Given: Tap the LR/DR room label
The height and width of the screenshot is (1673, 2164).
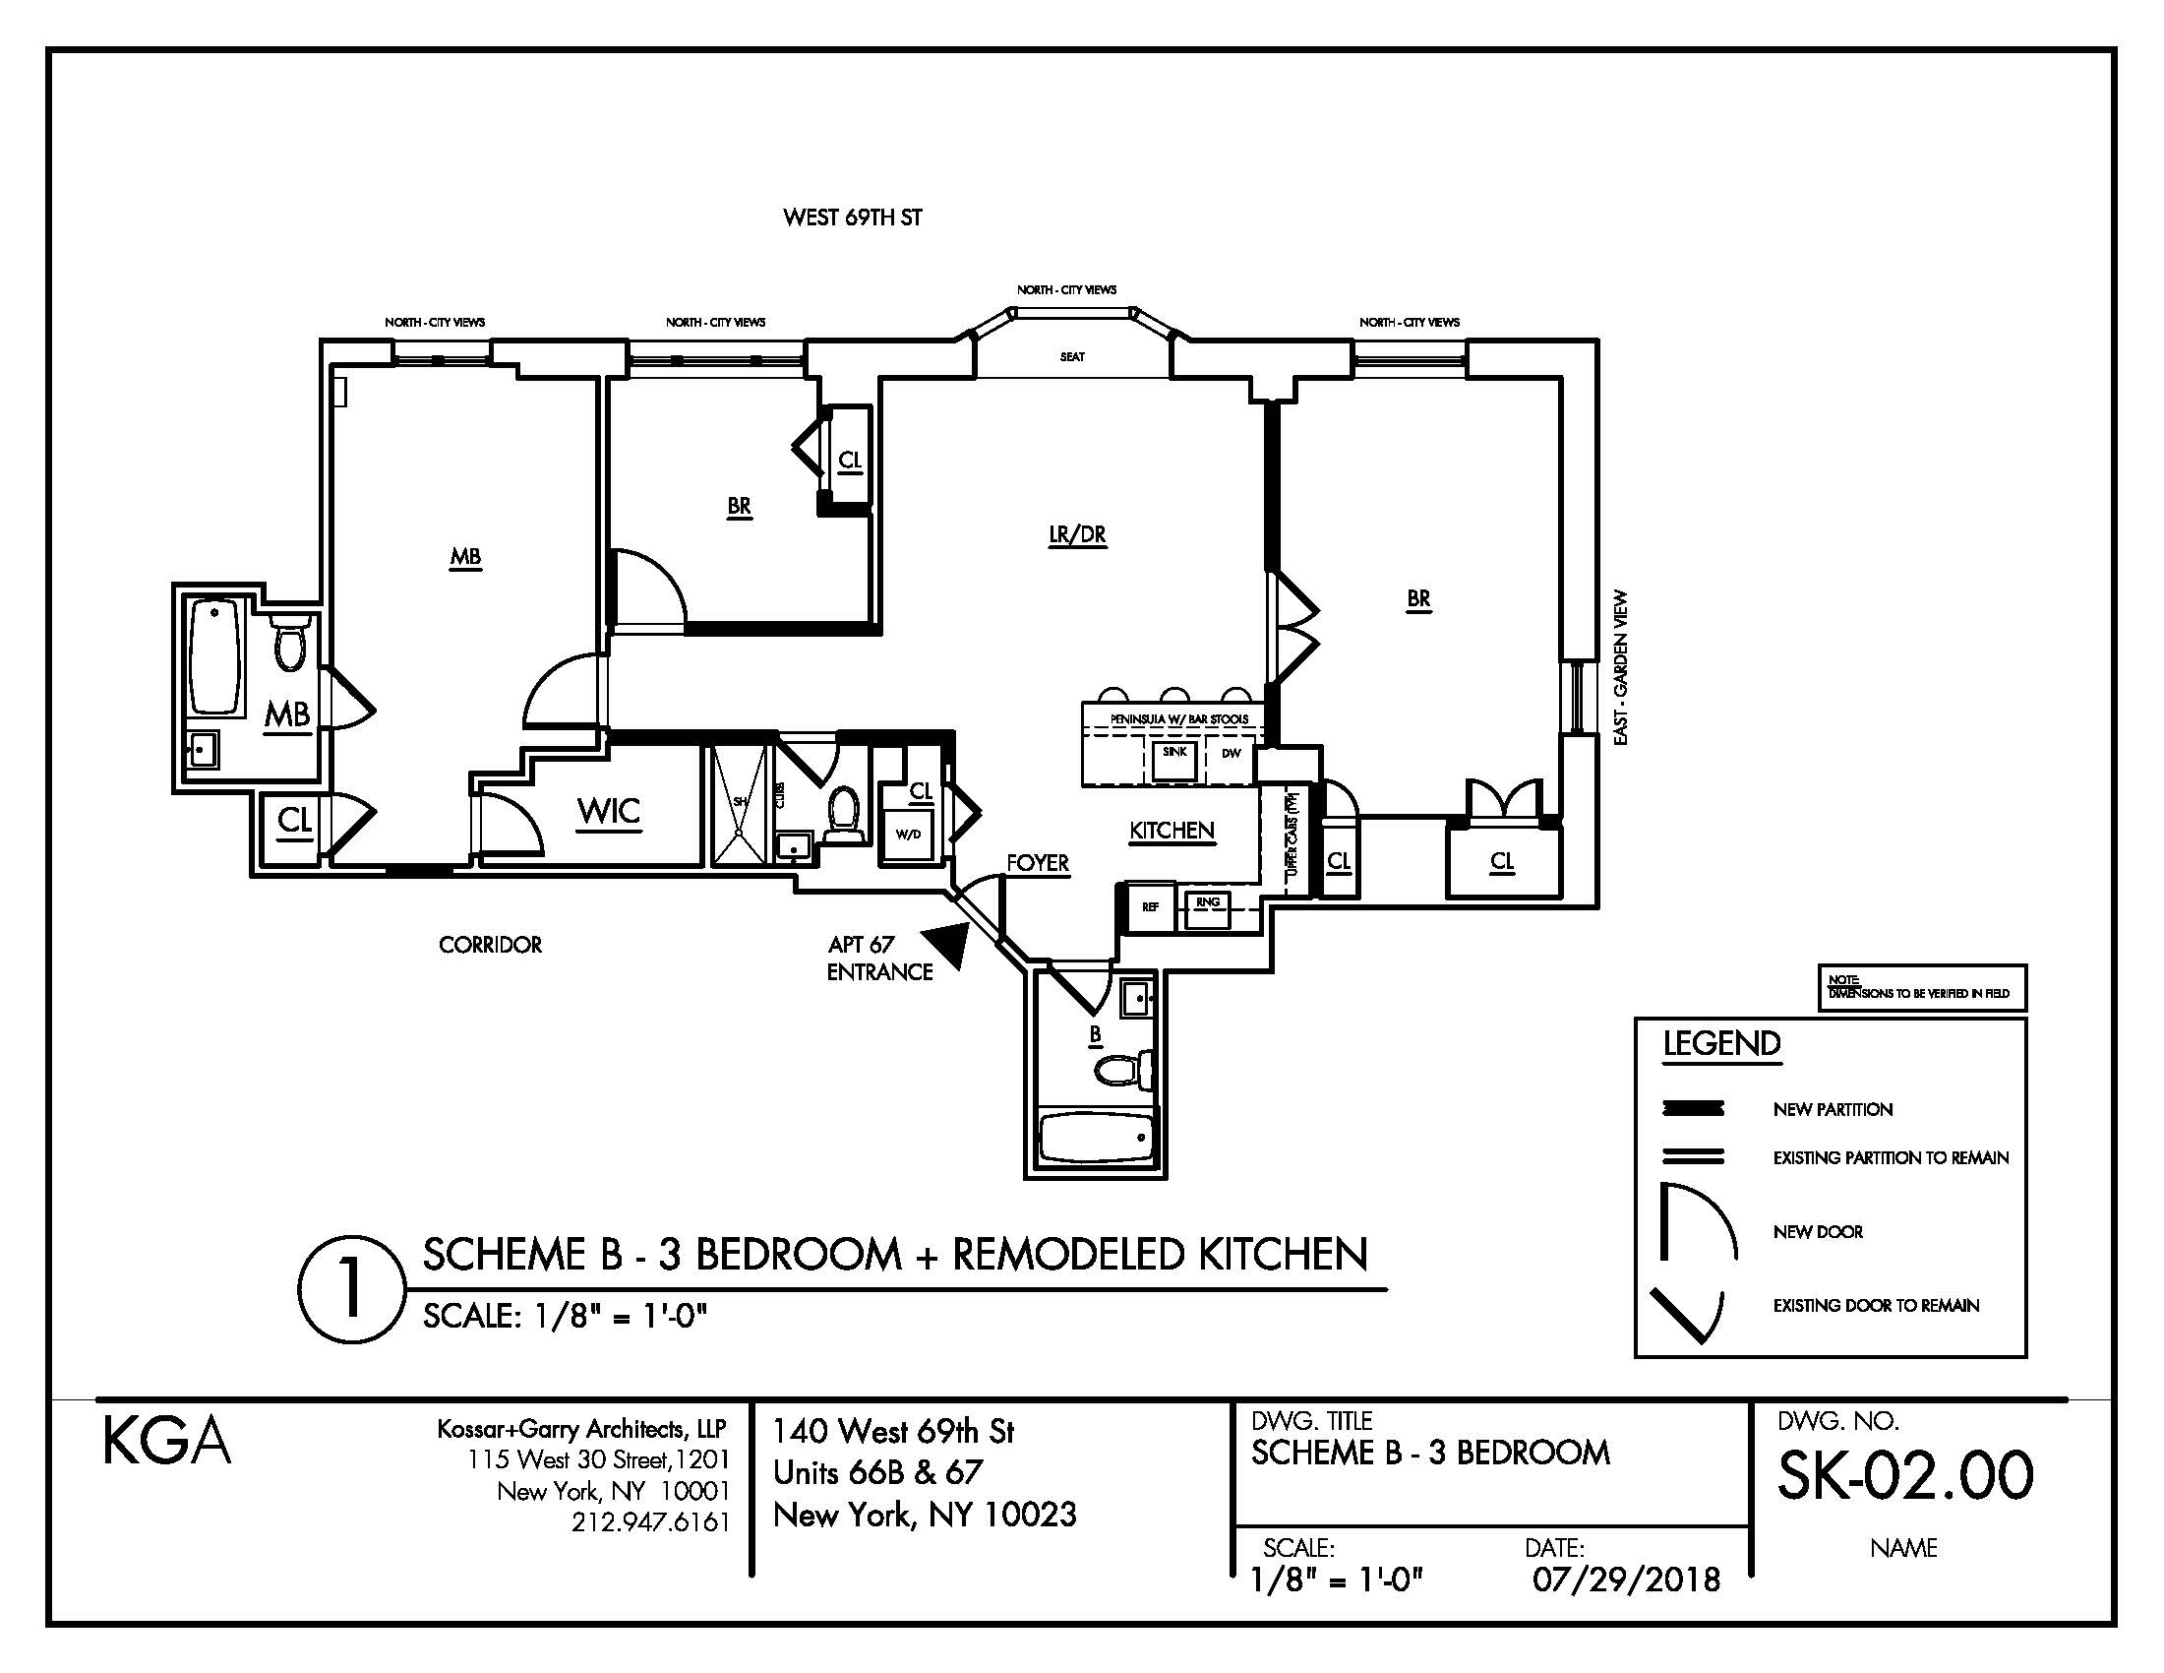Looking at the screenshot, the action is point(1077,535).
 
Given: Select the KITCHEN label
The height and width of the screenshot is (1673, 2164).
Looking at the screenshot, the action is point(1172,831).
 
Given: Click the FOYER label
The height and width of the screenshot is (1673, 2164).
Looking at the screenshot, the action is point(1038,863).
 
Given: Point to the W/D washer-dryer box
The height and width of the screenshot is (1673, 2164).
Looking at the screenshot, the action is point(908,835).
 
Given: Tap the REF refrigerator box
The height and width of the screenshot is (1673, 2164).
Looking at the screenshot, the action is point(1151,907).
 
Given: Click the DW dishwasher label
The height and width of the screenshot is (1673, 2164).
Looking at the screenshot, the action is point(1231,754).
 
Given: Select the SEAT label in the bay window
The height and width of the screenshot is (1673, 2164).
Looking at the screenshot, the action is point(1072,357).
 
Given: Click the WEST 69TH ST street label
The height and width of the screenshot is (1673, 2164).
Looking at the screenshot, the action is point(852,218).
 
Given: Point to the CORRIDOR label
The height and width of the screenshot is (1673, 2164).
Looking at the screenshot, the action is point(491,946).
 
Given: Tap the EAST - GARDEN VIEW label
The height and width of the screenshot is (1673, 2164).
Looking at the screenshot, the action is point(1621,668).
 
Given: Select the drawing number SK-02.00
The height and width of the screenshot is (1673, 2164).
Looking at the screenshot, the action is point(1904,1476).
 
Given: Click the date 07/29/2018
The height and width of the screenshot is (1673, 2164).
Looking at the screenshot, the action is point(1626,1580).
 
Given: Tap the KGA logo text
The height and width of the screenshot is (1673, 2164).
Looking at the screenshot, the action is point(166,1443).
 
